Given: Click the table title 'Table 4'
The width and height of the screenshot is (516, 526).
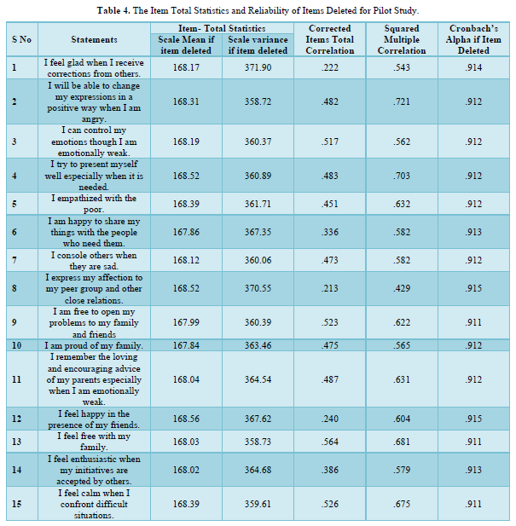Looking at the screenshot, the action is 113,11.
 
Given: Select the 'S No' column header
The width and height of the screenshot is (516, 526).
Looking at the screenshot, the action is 21,39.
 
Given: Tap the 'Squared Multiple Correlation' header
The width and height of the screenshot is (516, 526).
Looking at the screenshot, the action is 402,39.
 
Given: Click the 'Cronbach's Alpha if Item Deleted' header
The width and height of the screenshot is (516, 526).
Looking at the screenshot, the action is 473,39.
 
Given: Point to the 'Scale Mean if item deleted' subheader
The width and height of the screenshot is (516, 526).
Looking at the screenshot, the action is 186,45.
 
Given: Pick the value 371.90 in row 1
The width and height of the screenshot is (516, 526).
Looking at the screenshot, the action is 258,67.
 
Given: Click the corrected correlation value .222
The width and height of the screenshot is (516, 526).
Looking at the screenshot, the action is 329,67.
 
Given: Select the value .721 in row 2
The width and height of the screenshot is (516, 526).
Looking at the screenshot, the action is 402,101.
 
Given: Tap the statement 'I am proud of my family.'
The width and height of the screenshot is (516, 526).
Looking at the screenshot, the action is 94,345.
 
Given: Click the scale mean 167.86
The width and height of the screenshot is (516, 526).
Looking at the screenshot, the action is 186,232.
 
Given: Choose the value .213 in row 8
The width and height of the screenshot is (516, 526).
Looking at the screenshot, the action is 329,288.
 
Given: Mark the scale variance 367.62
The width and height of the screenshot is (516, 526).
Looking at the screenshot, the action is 258,419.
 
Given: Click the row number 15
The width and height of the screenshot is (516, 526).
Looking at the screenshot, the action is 17,504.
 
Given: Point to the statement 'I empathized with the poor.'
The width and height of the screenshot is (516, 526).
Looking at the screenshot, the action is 94,204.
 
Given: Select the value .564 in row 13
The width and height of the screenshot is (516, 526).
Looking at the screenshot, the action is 329,442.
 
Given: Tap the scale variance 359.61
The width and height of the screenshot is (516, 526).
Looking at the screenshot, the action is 258,504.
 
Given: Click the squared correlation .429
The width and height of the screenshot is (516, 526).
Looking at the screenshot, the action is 402,288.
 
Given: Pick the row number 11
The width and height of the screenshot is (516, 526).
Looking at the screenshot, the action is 17,379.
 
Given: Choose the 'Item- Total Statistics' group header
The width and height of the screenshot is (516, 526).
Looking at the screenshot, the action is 222,28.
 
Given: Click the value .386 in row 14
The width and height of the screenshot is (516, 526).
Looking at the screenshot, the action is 329,470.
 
